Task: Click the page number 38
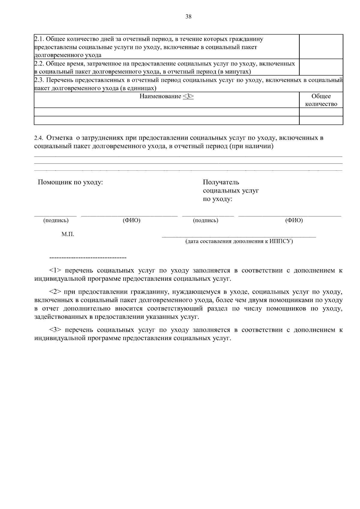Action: point(188,17)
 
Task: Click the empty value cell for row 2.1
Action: point(321,46)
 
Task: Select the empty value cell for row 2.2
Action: point(321,67)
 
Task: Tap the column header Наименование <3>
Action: point(166,96)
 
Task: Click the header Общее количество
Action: point(321,100)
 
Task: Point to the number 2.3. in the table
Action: point(39,80)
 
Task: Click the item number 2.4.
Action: point(39,138)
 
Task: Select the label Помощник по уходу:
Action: point(70,182)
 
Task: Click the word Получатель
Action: point(221,182)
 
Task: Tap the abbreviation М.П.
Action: point(68,234)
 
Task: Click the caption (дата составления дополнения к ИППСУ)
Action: point(239,241)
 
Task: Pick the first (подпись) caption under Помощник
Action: point(56,220)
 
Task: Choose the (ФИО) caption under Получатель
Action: point(294,220)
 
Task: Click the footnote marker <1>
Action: point(55,271)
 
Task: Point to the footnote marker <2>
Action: point(55,292)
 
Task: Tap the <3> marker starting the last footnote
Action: point(55,330)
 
